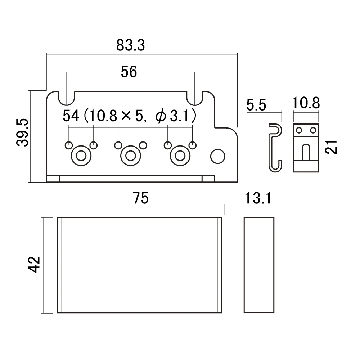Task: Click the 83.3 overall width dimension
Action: tap(130, 45)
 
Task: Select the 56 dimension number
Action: tap(129, 72)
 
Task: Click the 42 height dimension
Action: tap(35, 264)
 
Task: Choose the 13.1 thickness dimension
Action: tap(259, 198)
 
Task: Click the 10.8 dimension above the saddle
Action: tap(306, 104)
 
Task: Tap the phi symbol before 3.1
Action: tap(161, 116)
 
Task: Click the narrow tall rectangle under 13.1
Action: tap(260, 265)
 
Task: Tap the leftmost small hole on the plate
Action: tap(68, 145)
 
